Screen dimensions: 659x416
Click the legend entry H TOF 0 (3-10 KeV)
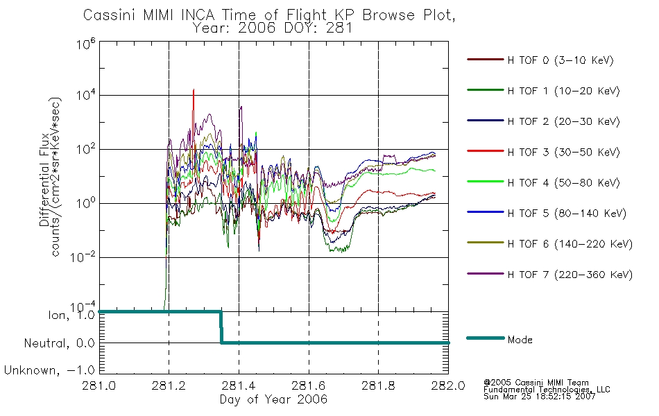[560, 60]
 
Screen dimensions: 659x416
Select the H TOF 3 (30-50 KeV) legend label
[563, 152]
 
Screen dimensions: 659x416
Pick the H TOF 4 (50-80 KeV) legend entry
[563, 183]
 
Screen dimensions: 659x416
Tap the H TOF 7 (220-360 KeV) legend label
[570, 275]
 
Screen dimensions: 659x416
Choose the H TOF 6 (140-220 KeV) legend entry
[570, 244]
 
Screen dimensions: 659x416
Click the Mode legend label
[520, 340]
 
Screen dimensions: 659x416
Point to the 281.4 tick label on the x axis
[239, 385]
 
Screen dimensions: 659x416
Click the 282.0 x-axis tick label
[448, 385]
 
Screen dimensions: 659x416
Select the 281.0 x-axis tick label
[99, 385]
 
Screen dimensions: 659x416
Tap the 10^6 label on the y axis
[86, 44]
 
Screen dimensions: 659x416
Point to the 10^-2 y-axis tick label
[83, 257]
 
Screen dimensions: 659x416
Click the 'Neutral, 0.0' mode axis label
[59, 344]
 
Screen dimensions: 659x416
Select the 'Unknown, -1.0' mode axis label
[49, 371]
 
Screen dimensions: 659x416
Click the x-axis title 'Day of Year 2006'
[273, 399]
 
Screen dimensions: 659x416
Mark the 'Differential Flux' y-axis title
[44, 179]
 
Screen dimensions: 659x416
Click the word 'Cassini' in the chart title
[110, 15]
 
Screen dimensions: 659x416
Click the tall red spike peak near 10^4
[194, 89]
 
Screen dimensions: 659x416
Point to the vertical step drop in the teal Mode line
[221, 327]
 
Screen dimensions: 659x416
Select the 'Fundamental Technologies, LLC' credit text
[547, 390]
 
